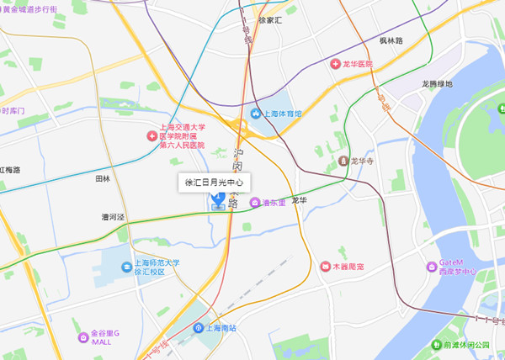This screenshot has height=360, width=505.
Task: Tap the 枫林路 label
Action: (x=391, y=40)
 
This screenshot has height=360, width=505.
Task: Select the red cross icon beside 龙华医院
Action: (x=334, y=64)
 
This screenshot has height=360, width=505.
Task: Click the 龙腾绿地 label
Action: (x=437, y=84)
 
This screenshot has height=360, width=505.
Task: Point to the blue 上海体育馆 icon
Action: (x=256, y=113)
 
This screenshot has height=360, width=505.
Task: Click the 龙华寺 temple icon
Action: (x=343, y=161)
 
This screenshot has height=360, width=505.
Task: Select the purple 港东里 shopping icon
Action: (x=254, y=202)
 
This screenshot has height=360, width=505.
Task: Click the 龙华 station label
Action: (x=299, y=201)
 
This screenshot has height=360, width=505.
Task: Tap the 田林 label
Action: (x=103, y=179)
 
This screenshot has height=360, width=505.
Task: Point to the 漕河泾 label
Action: (x=113, y=217)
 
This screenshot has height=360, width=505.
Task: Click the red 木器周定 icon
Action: (x=326, y=267)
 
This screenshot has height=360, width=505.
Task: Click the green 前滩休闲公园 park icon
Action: (x=436, y=345)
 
